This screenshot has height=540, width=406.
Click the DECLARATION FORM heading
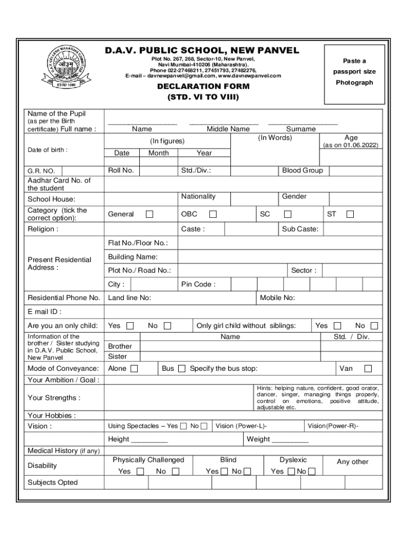coord(203,86)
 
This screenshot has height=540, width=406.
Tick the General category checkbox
coord(150,214)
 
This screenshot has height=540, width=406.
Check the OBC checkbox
coord(212,214)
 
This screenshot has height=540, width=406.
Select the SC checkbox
coord(287,214)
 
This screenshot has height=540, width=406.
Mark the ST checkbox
coord(350,214)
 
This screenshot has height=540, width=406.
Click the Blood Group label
coord(302,170)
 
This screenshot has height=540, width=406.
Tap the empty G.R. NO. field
coord(83,171)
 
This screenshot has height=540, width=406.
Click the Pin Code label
coord(198,284)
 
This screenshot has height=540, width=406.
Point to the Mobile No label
coord(277,298)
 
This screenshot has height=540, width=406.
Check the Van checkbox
coord(368,369)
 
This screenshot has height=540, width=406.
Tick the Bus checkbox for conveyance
coord(181,369)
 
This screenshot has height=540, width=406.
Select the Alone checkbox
coord(134,369)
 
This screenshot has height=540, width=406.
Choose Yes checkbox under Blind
coord(224,471)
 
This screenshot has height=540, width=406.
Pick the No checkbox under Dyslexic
coord(312,471)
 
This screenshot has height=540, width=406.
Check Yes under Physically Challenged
coord(140,471)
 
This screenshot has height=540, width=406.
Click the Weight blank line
coord(290,440)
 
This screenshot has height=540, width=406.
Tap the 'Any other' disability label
coord(352,461)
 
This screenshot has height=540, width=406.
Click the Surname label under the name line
coord(301,129)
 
